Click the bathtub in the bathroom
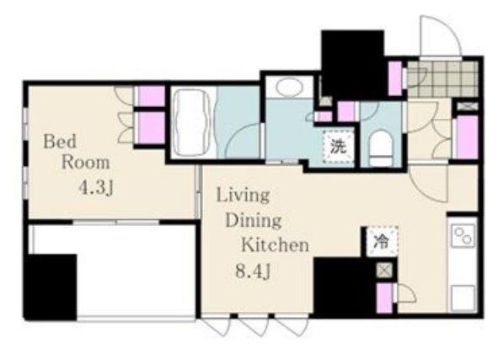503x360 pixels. click(x=192, y=122)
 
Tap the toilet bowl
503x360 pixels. click(x=381, y=148)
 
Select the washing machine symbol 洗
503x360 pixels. click(x=339, y=147)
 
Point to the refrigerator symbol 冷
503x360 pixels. click(x=382, y=242)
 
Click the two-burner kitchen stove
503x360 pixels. click(x=463, y=236)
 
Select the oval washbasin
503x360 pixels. click(x=289, y=87)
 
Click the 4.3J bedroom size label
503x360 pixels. click(x=96, y=188)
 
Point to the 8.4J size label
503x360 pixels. click(x=254, y=272)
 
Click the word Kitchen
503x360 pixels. click(x=275, y=245)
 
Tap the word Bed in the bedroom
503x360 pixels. click(x=60, y=142)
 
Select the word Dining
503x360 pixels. click(x=254, y=220)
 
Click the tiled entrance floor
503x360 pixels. click(x=442, y=79)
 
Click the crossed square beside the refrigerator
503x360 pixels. click(x=385, y=270)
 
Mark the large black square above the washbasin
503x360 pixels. click(x=353, y=64)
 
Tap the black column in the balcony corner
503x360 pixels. click(x=51, y=287)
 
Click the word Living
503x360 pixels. click(x=243, y=195)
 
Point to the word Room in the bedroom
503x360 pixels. click(x=85, y=163)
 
